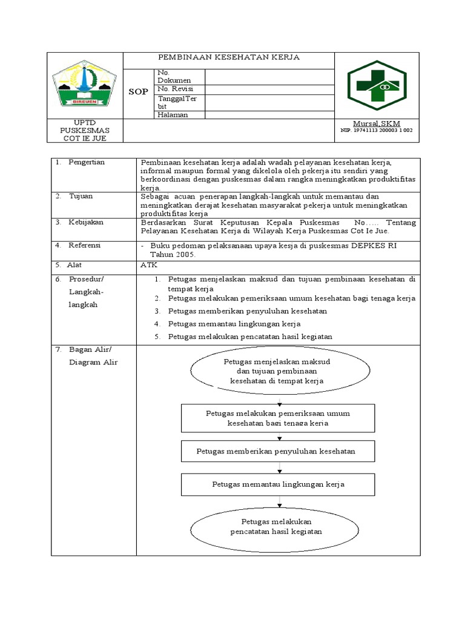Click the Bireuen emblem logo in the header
[x=84, y=86]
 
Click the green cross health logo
[x=377, y=85]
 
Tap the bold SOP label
[x=139, y=91]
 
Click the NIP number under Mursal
[x=377, y=130]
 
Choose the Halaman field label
[x=173, y=115]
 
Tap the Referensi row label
[x=87, y=245]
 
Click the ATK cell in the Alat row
[x=148, y=265]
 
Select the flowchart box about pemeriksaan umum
[x=278, y=418]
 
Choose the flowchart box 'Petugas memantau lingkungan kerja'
[x=278, y=484]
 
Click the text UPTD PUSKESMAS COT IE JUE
[x=84, y=130]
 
